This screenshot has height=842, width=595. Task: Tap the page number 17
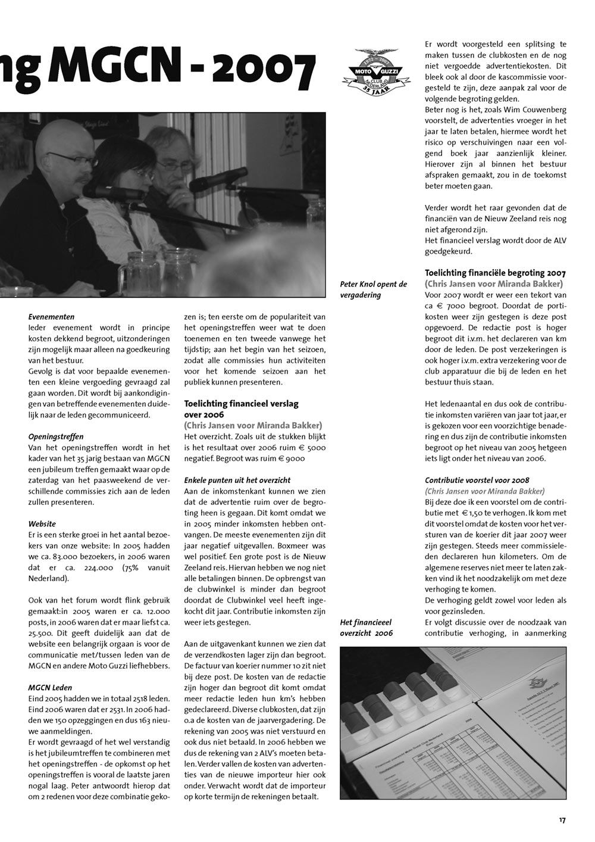[562, 820]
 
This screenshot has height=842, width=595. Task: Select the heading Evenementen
[51, 317]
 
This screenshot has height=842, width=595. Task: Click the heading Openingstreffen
[56, 436]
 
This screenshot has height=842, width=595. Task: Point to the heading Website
[42, 524]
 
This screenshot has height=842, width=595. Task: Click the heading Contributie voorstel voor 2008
[477, 480]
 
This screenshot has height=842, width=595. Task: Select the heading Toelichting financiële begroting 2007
[495, 273]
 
